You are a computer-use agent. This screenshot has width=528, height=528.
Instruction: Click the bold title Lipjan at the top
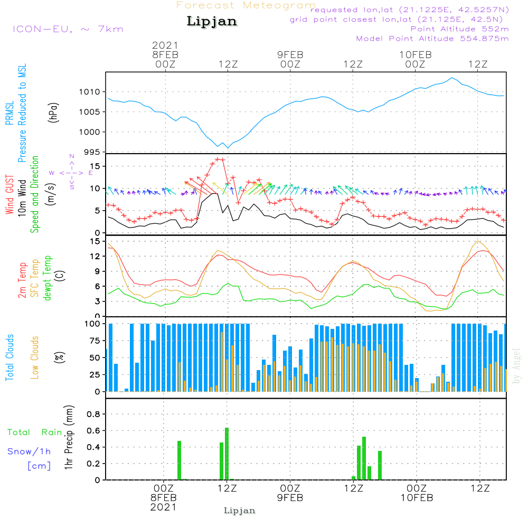(212, 22)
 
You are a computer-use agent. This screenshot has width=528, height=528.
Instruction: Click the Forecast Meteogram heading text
(246, 5)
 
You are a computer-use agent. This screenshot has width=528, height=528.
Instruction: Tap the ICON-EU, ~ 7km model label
(68, 29)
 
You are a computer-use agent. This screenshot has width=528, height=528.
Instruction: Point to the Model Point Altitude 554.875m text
(432, 39)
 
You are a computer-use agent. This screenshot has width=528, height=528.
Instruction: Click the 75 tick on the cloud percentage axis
(94, 341)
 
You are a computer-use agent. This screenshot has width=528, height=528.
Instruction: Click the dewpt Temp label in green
(48, 278)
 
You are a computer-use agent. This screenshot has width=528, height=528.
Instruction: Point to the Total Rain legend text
(35, 432)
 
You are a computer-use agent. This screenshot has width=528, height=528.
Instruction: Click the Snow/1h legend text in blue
(30, 451)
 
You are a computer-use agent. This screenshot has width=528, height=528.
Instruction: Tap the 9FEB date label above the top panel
(290, 54)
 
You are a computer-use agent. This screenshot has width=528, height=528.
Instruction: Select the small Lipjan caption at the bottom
(240, 511)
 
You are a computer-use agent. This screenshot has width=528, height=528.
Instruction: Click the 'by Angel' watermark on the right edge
(516, 366)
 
